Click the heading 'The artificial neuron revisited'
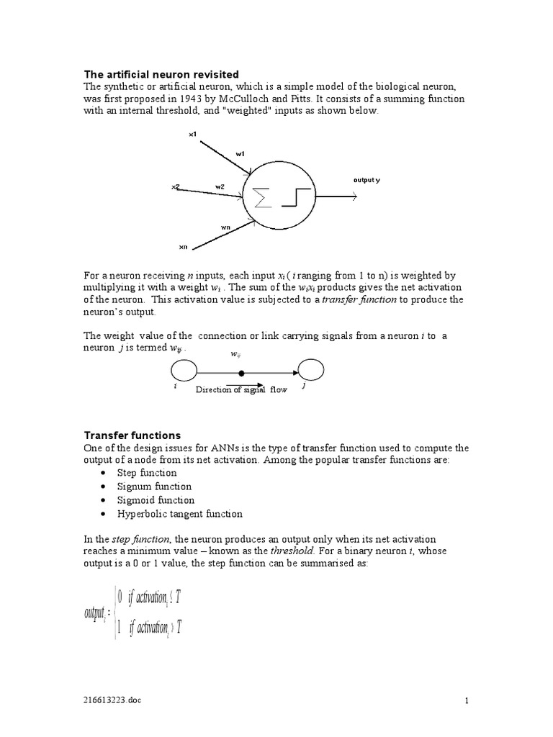pos(161,74)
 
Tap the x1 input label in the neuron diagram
pos(192,134)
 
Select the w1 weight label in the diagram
pos(240,153)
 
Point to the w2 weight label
pos(220,186)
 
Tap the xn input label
pos(183,247)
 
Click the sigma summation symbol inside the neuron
pos(264,197)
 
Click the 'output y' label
pos(366,179)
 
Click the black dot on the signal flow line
pos(241,373)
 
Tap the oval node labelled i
pos(184,371)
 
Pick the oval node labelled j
pos(312,371)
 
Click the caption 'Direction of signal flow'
pos(241,389)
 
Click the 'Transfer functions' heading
pos(132,435)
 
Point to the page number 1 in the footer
pos(467,700)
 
